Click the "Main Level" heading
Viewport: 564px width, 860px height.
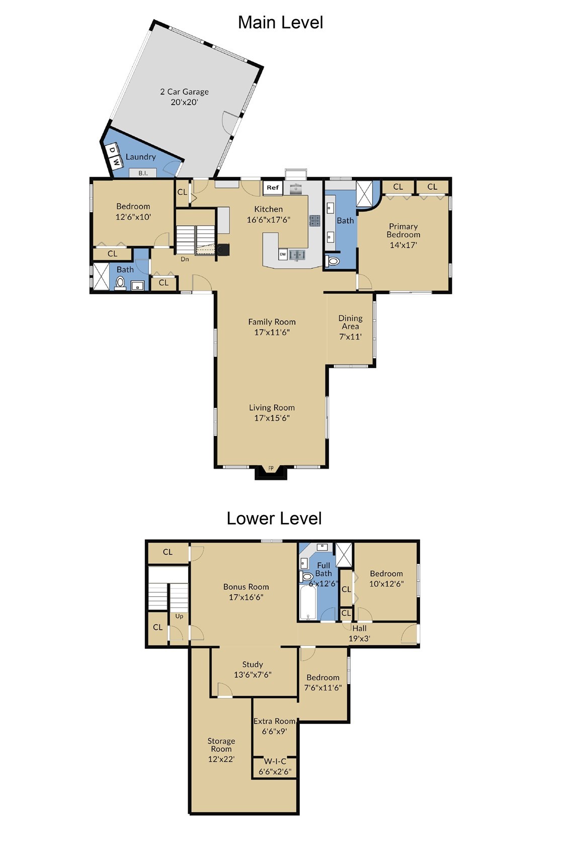(x=280, y=22)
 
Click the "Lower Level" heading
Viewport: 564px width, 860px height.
(x=274, y=519)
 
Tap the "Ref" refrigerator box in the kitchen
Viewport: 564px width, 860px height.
(x=273, y=188)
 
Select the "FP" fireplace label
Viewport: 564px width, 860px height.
(x=271, y=468)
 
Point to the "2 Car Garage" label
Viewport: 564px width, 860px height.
(x=185, y=92)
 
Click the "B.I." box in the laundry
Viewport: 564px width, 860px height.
(x=143, y=173)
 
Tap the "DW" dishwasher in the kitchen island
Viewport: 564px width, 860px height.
(x=283, y=254)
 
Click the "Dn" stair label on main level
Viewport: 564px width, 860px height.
(x=185, y=259)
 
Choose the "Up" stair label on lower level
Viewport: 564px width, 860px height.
(x=179, y=616)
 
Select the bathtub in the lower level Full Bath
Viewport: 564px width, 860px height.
(x=307, y=603)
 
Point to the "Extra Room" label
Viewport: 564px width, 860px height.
(x=274, y=721)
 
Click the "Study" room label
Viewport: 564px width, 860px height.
(x=253, y=664)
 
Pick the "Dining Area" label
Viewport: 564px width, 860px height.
(x=350, y=322)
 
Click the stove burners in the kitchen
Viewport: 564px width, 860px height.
(x=315, y=220)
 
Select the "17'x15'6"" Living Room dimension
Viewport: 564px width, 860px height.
(x=272, y=418)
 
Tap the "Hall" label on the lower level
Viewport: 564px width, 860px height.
(x=359, y=628)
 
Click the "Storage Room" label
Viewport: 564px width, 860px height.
(x=221, y=745)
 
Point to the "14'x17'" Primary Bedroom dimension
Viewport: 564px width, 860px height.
(x=404, y=245)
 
